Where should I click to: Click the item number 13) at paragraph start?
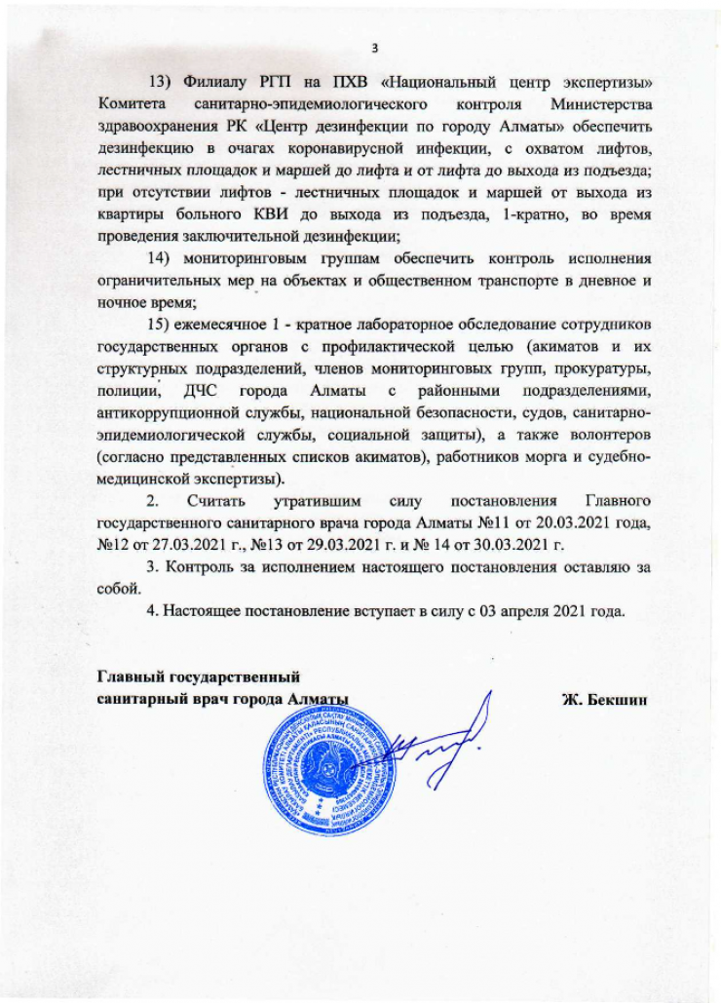pos(159,79)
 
